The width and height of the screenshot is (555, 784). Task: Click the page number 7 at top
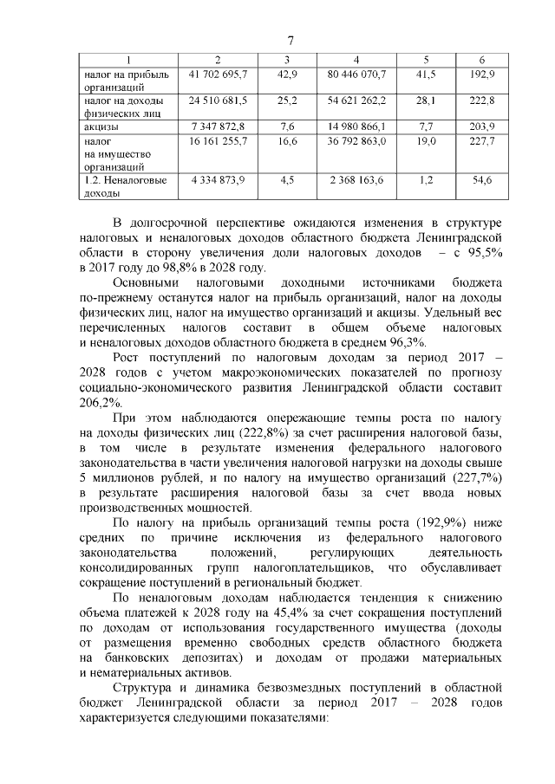[x=291, y=41]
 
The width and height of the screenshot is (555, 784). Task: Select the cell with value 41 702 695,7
[x=218, y=75]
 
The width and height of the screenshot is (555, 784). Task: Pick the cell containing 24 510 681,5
[x=218, y=100]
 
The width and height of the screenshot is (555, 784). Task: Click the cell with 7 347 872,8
[x=218, y=126]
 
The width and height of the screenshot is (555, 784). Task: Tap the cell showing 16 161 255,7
[x=218, y=139]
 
